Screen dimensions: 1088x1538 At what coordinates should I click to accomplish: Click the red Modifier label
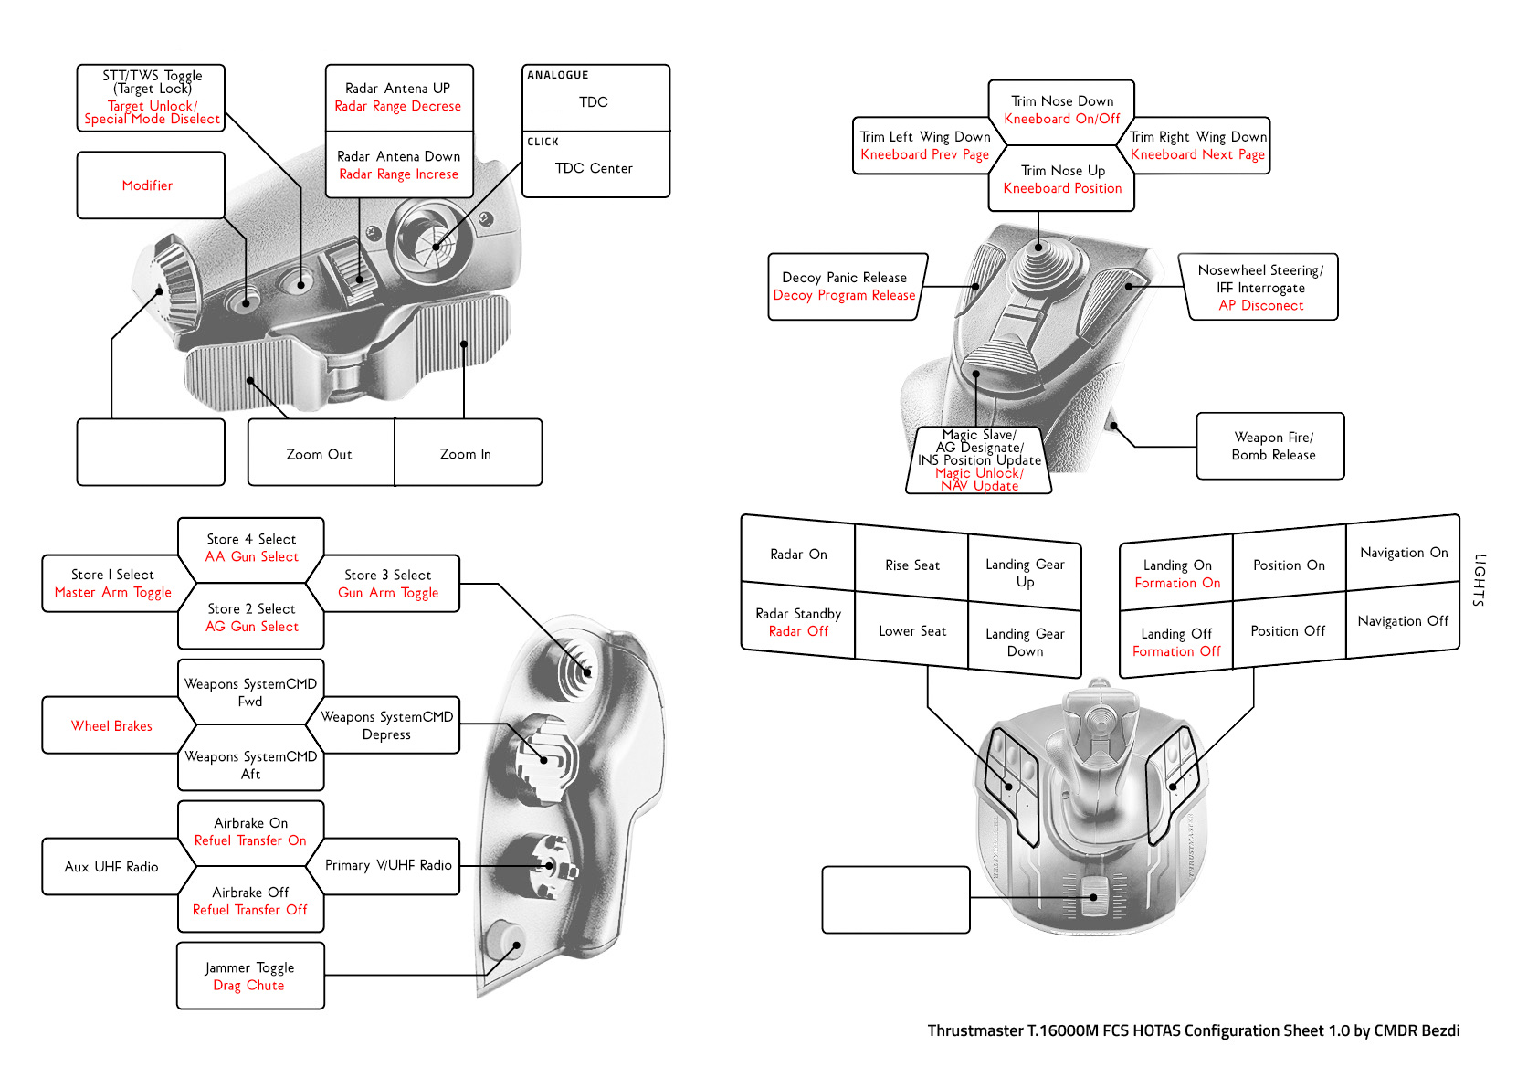tap(147, 185)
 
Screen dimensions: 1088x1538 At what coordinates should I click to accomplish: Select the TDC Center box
tap(594, 169)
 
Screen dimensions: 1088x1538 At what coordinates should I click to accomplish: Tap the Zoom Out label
tap(319, 454)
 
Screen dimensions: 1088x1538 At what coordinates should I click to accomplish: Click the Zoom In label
tap(465, 454)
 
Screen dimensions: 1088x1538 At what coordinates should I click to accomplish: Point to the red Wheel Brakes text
tap(111, 726)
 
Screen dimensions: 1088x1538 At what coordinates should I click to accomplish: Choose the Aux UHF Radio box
tap(111, 867)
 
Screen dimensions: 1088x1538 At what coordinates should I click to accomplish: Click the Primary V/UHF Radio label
tap(388, 865)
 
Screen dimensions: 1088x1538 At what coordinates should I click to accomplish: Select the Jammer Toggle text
tap(249, 967)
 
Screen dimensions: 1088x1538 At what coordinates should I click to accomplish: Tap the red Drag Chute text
tap(248, 986)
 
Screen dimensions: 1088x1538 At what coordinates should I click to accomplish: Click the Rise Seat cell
tap(911, 565)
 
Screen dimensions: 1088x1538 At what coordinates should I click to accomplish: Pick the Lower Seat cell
tap(911, 631)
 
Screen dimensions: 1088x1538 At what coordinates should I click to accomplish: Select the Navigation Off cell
tap(1403, 621)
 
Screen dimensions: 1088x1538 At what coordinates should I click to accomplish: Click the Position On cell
tap(1289, 565)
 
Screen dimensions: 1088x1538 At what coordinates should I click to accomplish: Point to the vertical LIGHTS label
tap(1480, 580)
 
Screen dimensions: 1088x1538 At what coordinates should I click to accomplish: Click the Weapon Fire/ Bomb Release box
tap(1273, 447)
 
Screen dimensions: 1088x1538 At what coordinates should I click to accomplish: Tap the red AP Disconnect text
tap(1261, 306)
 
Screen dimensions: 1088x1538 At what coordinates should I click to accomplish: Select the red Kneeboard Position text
tap(1062, 189)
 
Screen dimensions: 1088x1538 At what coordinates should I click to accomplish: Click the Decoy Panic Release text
tap(844, 278)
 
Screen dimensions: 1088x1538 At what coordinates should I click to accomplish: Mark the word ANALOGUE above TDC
tap(558, 75)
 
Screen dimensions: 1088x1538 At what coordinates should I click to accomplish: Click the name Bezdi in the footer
tap(1435, 1030)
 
